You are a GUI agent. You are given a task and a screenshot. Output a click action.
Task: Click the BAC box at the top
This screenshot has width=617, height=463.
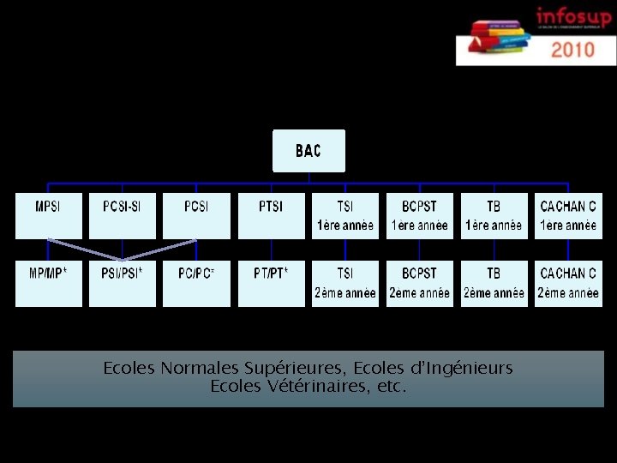(308, 151)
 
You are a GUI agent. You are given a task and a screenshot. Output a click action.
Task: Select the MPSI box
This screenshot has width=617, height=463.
(48, 215)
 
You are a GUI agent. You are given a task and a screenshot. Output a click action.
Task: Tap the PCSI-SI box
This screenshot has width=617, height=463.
(123, 215)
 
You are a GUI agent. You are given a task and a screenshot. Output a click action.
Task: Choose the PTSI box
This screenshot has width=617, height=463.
(271, 215)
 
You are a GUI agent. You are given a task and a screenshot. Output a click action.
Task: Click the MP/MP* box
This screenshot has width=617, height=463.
(48, 283)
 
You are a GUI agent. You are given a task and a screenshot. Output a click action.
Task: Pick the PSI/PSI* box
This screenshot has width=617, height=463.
(123, 283)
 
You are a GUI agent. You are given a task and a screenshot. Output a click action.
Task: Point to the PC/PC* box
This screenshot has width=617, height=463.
(197, 283)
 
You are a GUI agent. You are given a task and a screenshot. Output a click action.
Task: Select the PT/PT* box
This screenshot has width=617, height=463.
(271, 283)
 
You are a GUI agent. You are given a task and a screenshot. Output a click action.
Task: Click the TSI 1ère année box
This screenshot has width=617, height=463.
(345, 215)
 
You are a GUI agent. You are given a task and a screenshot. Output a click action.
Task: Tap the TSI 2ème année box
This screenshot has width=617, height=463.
(345, 283)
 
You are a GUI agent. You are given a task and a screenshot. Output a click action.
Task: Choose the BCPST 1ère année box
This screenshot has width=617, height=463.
(419, 215)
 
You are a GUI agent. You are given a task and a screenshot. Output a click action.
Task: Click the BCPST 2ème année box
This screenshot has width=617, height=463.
(419, 283)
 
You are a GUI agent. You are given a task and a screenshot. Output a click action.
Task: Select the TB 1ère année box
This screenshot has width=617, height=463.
(494, 215)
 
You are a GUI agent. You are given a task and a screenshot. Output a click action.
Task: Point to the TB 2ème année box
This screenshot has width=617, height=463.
(494, 283)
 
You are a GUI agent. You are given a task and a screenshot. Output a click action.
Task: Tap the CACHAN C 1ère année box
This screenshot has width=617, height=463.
(568, 215)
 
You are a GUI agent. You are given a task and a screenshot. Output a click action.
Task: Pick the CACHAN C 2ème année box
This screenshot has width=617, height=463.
(568, 283)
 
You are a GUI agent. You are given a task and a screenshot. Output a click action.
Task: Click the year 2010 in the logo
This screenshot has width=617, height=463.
(572, 49)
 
